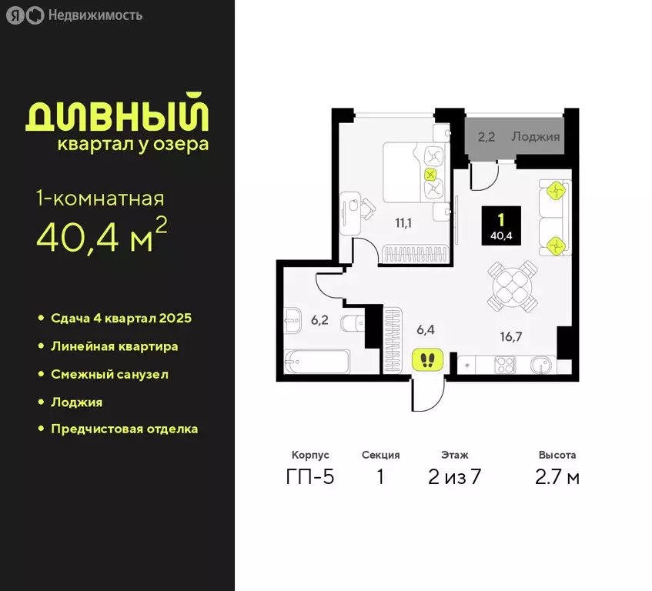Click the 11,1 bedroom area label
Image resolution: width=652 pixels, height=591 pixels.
[403, 223]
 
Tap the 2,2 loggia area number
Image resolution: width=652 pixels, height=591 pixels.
[486, 139]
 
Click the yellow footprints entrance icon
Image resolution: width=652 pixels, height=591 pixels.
[427, 359]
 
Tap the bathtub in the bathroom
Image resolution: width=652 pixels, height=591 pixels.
[316, 362]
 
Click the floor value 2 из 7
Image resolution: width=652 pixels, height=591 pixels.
[454, 477]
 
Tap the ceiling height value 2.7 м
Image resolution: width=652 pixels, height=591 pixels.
[557, 477]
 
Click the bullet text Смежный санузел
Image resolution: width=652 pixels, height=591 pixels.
[109, 374]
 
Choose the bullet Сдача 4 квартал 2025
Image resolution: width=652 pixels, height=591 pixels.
[121, 318]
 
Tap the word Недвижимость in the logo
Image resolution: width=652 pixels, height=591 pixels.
[95, 15]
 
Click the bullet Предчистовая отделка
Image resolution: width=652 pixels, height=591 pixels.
[124, 429]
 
